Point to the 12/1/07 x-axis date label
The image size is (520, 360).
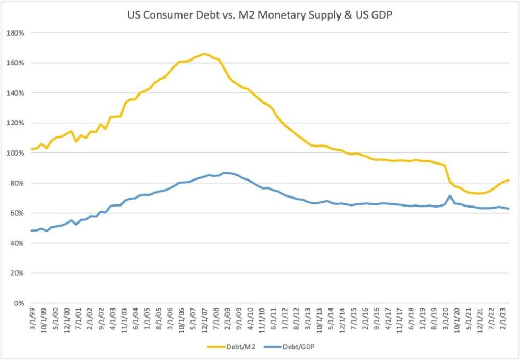click(x=204, y=322)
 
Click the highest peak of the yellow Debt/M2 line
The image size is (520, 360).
click(x=204, y=54)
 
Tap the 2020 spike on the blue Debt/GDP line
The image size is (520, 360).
click(x=450, y=196)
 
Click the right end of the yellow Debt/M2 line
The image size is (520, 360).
click(x=509, y=180)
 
